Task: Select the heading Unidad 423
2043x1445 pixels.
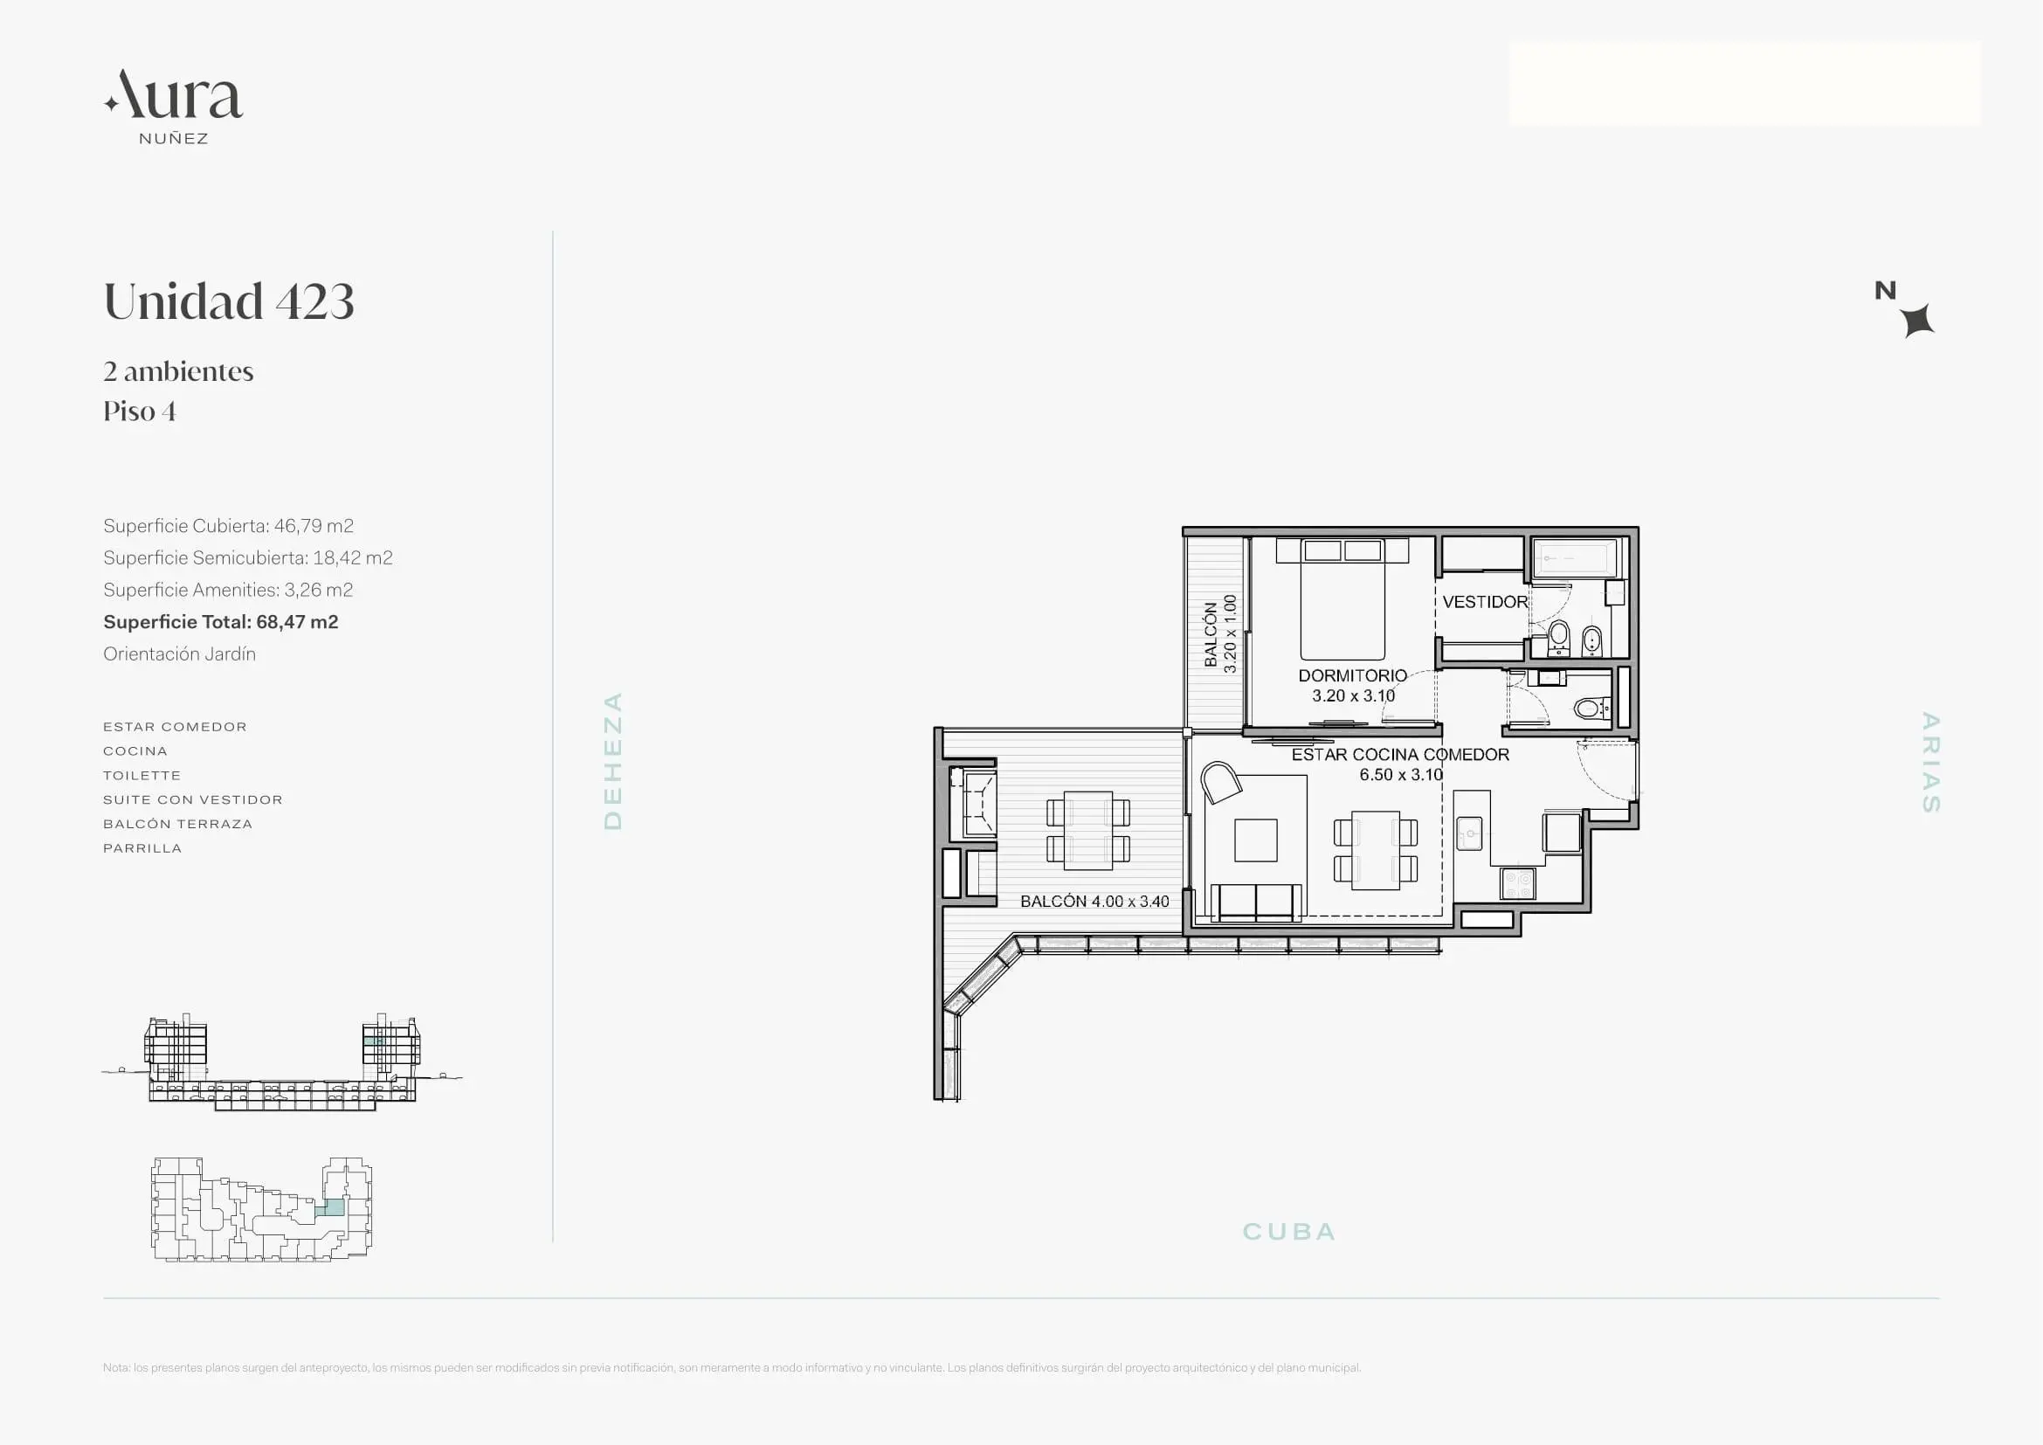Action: point(229,301)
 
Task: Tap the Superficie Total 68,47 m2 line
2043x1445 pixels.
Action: point(221,622)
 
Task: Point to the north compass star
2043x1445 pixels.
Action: point(1917,321)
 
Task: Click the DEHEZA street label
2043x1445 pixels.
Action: point(613,761)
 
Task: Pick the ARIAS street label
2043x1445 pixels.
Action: point(1930,763)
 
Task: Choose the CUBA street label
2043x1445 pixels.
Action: point(1289,1232)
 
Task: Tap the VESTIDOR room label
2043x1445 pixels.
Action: point(1485,603)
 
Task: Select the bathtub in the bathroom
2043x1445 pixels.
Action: point(1577,559)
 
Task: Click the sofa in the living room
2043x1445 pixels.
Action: point(1255,902)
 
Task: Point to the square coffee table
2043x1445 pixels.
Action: point(1256,840)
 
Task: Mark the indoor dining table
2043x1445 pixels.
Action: point(1376,850)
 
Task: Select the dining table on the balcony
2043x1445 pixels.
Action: point(1088,830)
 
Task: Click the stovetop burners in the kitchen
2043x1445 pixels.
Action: point(1518,883)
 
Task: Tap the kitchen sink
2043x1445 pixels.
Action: point(1469,833)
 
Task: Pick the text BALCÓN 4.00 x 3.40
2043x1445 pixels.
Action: point(1094,902)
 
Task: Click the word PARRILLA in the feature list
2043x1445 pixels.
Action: point(142,849)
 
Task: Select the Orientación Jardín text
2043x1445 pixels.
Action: point(180,654)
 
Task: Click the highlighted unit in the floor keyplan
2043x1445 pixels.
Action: point(330,1207)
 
